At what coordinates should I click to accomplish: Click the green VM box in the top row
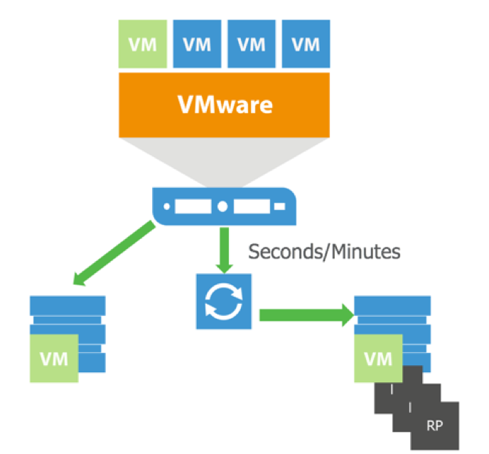tap(142, 44)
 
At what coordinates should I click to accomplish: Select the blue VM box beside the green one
tap(197, 44)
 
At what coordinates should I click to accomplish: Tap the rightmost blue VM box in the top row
tap(306, 44)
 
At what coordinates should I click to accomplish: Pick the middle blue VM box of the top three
tap(252, 44)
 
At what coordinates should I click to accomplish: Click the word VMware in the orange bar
tap(225, 105)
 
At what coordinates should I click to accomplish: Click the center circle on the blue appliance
tap(222, 206)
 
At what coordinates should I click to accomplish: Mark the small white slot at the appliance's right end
tap(279, 206)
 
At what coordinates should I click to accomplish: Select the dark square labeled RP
tap(432, 426)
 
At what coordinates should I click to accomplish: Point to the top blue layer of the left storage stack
tap(68, 302)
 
